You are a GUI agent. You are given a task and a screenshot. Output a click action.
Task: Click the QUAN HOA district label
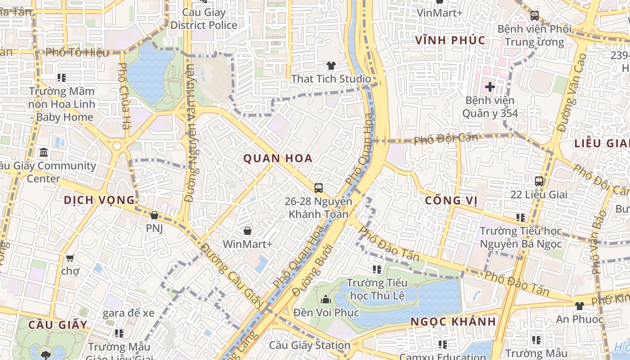coord(278,158)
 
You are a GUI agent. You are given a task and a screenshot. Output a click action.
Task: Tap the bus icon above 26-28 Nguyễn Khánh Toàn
coord(319,188)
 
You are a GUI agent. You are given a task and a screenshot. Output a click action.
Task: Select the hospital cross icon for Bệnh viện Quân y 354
coord(490,86)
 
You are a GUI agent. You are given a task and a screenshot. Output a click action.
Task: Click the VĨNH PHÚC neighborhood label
coord(450,40)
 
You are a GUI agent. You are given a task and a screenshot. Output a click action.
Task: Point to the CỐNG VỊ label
coord(451,200)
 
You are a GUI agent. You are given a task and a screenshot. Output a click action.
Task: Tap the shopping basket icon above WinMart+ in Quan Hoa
coord(247,231)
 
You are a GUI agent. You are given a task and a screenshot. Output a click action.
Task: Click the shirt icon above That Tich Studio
coord(331,66)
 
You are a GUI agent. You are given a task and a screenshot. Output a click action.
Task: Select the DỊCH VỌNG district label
coord(99,200)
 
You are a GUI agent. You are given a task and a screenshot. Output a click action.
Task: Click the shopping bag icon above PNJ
coord(154,216)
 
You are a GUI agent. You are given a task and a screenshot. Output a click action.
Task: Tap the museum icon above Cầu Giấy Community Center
coord(44,153)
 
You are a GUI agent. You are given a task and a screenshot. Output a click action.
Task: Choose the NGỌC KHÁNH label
coord(453,322)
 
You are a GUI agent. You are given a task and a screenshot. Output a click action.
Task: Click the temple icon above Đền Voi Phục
coord(326,299)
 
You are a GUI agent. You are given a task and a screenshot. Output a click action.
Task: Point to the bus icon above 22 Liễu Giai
coord(539,181)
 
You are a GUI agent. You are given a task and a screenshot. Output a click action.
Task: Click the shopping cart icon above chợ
coord(70,258)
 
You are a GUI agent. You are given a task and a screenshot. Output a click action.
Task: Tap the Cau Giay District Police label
coord(203,19)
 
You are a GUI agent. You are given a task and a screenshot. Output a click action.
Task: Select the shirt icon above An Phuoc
coord(579,306)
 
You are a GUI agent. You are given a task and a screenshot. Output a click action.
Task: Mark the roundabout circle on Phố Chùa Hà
coord(117,146)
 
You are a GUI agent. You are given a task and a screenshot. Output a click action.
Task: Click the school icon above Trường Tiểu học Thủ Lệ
coord(377,270)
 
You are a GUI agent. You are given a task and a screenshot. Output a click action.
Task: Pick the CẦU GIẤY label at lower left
coord(57,324)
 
